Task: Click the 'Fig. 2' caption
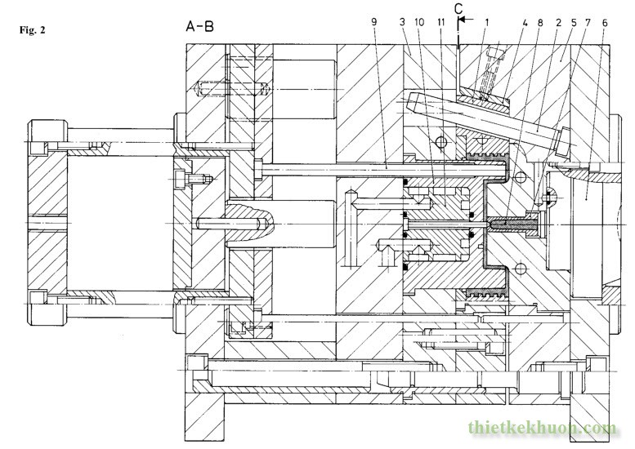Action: pos(33,30)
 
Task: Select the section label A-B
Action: pos(199,27)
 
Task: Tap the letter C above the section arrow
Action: pos(458,9)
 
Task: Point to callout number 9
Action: pos(373,22)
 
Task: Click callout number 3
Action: pos(402,22)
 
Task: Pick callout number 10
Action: pos(419,22)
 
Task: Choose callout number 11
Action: pos(441,22)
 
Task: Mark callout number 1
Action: pos(487,22)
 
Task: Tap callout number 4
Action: pos(525,23)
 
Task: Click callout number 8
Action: pos(540,23)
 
